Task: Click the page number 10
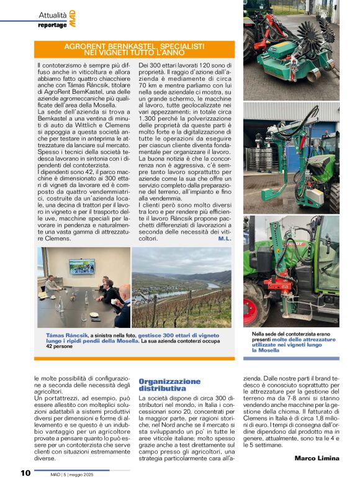tap(25, 473)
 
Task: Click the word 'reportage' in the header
tap(52, 25)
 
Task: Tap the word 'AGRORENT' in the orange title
tap(88, 45)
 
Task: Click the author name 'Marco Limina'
tap(317, 458)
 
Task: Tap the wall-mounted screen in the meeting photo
tap(81, 265)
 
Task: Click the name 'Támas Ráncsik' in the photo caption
tap(67, 335)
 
